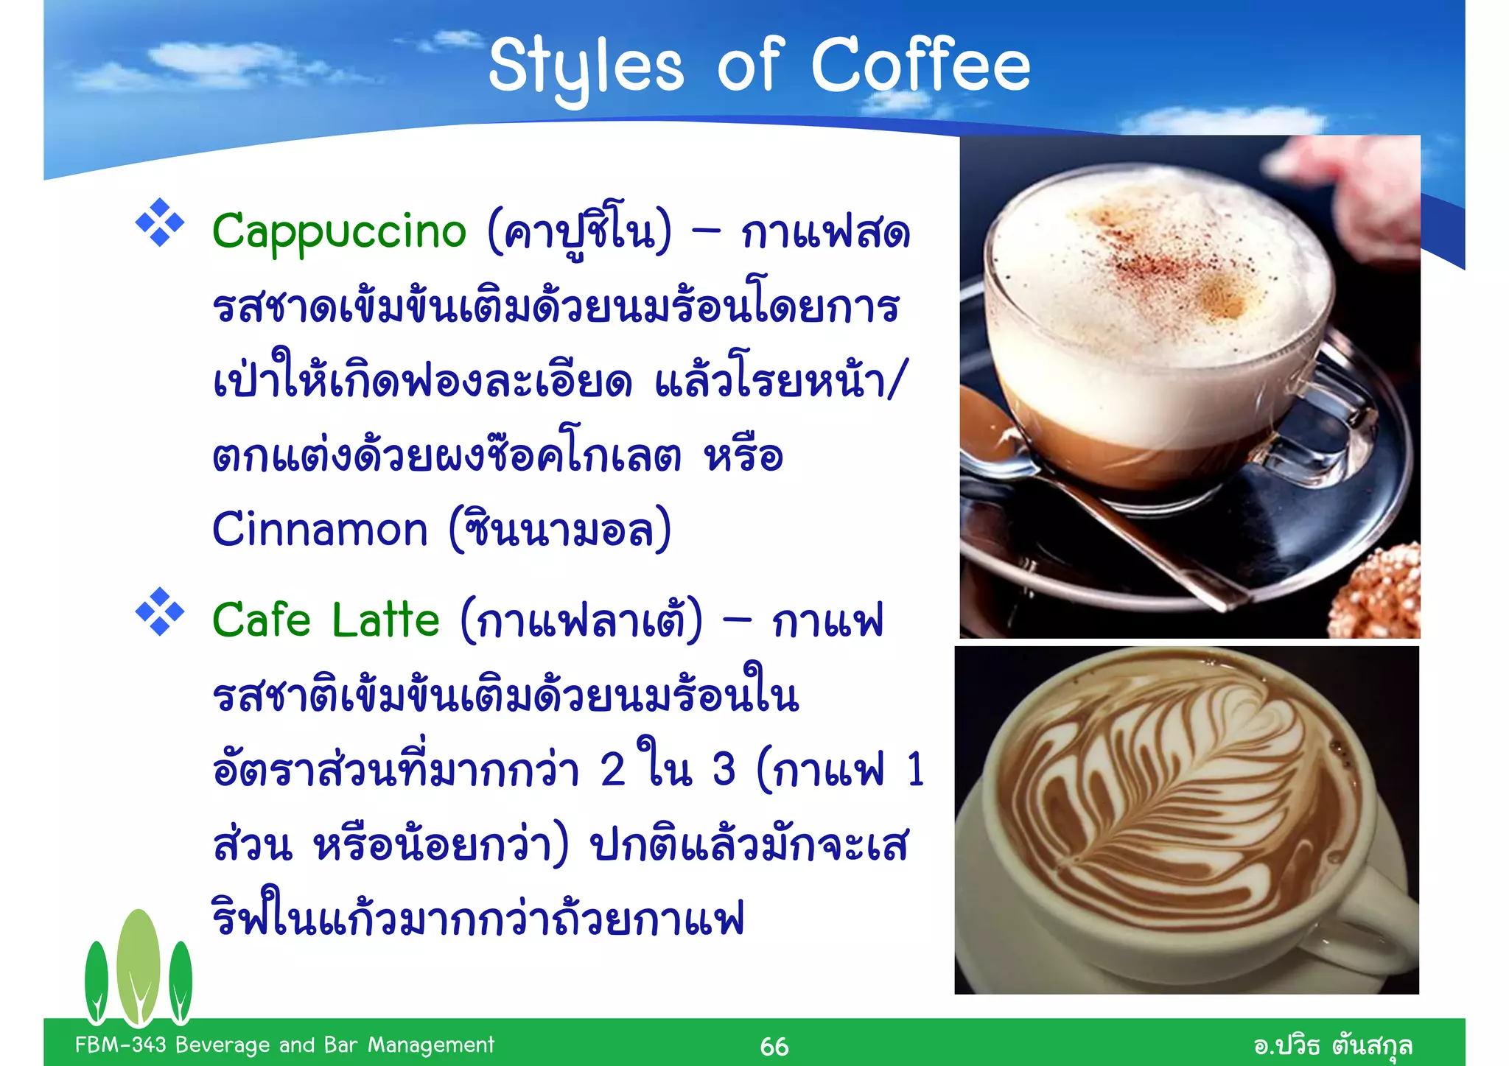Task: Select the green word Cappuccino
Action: coord(339,232)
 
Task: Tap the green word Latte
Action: coord(385,620)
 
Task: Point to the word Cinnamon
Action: coord(320,530)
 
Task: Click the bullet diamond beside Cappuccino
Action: coord(160,222)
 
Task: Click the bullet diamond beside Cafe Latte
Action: coord(160,611)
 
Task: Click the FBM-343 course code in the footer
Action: coord(121,1045)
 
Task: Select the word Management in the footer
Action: coord(431,1045)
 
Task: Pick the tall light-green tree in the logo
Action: coord(138,965)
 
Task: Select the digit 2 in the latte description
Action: coord(613,771)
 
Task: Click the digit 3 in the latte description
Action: coord(724,771)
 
